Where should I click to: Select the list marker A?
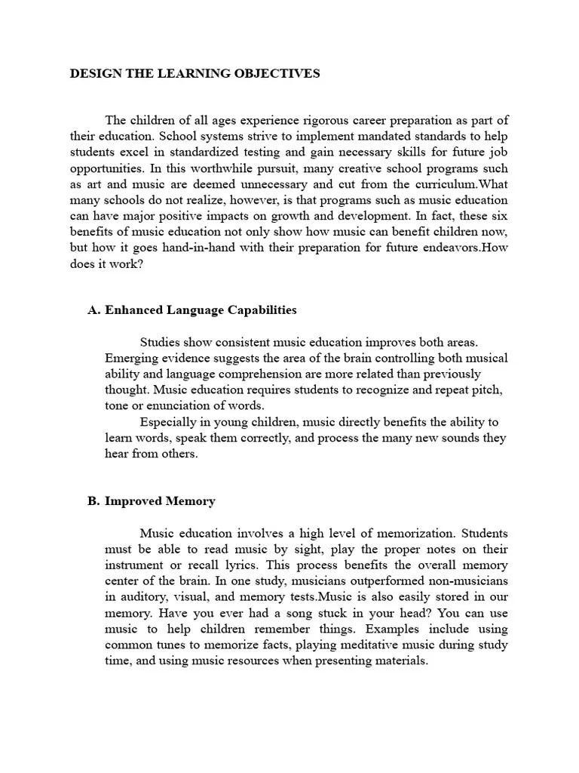[94, 310]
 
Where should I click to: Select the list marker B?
[94, 500]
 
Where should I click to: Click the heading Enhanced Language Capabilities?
[201, 310]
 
